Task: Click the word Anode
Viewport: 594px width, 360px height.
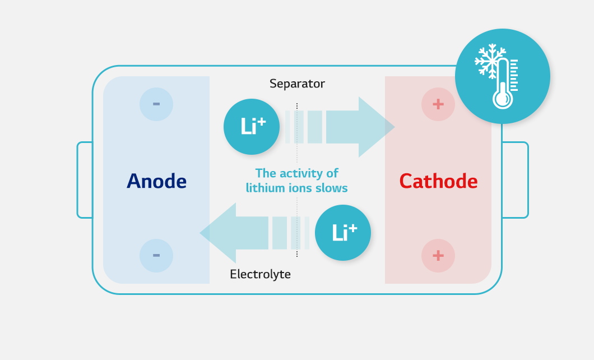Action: (156, 181)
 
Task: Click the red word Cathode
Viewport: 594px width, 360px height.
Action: (438, 181)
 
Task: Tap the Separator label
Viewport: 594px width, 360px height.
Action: (297, 84)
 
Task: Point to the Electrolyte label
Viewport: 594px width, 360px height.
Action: (260, 274)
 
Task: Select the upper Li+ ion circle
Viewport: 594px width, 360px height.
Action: (252, 127)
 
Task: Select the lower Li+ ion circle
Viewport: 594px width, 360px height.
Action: (343, 233)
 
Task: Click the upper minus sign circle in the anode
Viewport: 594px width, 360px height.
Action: (156, 104)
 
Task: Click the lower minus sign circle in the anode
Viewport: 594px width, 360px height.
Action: (156, 255)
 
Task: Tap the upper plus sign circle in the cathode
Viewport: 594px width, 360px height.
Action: (438, 104)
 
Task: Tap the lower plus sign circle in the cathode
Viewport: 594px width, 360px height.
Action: (438, 255)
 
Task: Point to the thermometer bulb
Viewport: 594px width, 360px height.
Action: (502, 99)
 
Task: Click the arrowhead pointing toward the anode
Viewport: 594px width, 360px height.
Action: (218, 233)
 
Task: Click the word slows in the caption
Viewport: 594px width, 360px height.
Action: (332, 188)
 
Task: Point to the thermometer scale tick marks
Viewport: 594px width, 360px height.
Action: (514, 75)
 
